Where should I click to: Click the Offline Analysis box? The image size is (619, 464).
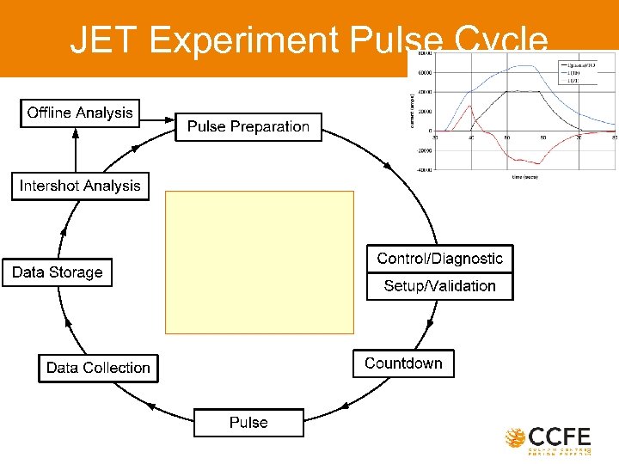[80, 113]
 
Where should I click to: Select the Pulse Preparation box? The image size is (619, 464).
[248, 127]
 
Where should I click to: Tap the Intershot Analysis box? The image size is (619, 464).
[80, 186]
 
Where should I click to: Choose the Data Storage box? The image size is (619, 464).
[57, 272]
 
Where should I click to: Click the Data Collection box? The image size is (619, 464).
[98, 368]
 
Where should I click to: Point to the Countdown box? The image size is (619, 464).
[403, 363]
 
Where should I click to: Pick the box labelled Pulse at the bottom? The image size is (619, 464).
[248, 423]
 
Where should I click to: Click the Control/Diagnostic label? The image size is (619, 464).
[439, 259]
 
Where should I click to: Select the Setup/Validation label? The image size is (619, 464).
[439, 286]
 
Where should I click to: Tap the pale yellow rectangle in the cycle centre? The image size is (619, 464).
[259, 262]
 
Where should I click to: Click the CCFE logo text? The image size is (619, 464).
[560, 437]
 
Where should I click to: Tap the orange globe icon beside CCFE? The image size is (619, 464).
[516, 438]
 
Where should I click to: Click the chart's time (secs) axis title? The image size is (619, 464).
[524, 176]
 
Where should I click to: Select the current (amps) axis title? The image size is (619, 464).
[412, 112]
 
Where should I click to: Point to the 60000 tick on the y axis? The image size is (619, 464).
[425, 72]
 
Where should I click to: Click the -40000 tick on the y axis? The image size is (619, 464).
[424, 170]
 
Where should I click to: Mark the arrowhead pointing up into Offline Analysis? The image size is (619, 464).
[76, 133]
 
